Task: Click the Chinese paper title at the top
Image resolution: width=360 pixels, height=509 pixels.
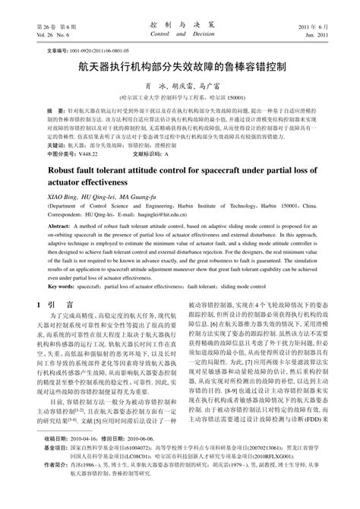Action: click(x=180, y=67)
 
